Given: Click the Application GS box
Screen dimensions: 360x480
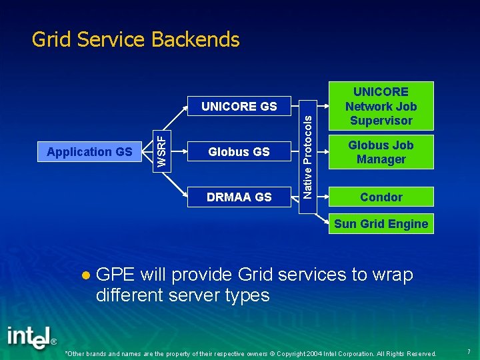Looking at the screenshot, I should coord(89,152).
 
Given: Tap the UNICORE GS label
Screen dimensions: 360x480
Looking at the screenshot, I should coord(239,106).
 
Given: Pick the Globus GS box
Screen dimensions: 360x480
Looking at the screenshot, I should coord(239,152).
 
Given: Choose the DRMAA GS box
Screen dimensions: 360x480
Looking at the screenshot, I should coord(239,197).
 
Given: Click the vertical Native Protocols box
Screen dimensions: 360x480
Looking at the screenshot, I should coord(307,152).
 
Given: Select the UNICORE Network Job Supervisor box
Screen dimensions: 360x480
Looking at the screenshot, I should coord(381,106).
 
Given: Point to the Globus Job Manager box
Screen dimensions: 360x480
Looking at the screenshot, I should coord(381,152).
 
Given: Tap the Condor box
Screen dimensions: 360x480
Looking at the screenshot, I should coord(381,197).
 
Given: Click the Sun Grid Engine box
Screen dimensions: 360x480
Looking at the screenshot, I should coord(381,224).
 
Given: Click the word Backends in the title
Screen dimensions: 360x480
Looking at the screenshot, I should coord(195,40).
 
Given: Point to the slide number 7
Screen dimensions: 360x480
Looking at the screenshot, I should coord(469,351).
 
